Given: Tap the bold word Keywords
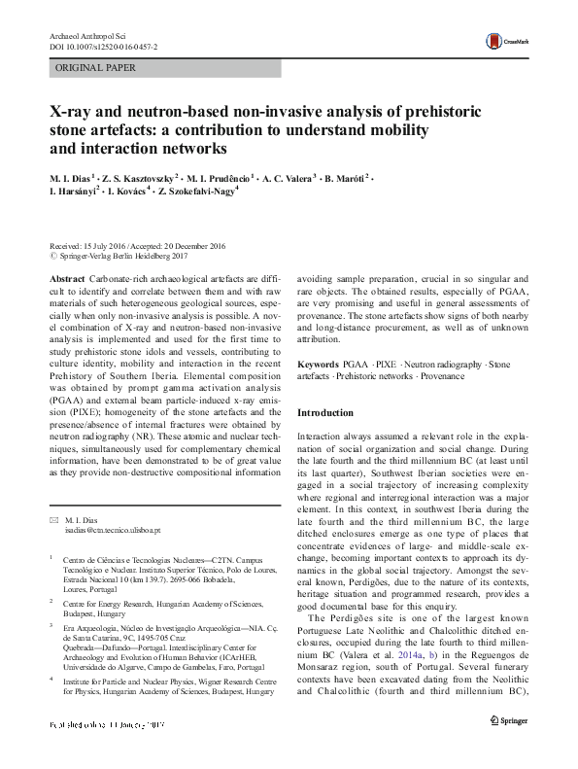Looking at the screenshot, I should (319, 363).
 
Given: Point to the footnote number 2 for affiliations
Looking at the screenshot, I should (51, 602).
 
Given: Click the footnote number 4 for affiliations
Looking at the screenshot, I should (51, 683).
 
